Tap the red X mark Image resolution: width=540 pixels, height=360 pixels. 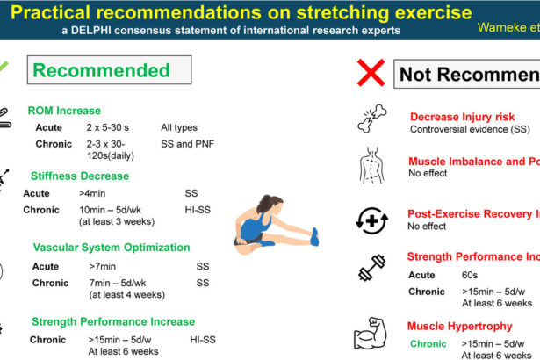371,73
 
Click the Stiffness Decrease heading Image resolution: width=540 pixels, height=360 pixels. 80,176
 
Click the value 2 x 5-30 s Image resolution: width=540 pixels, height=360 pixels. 111,127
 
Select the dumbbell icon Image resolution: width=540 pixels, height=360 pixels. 372,268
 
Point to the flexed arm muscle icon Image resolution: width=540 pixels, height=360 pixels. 372,337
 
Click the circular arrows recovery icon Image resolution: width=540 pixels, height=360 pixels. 372,219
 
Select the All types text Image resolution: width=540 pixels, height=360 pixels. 181,127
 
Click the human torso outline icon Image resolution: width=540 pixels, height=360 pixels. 372,166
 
